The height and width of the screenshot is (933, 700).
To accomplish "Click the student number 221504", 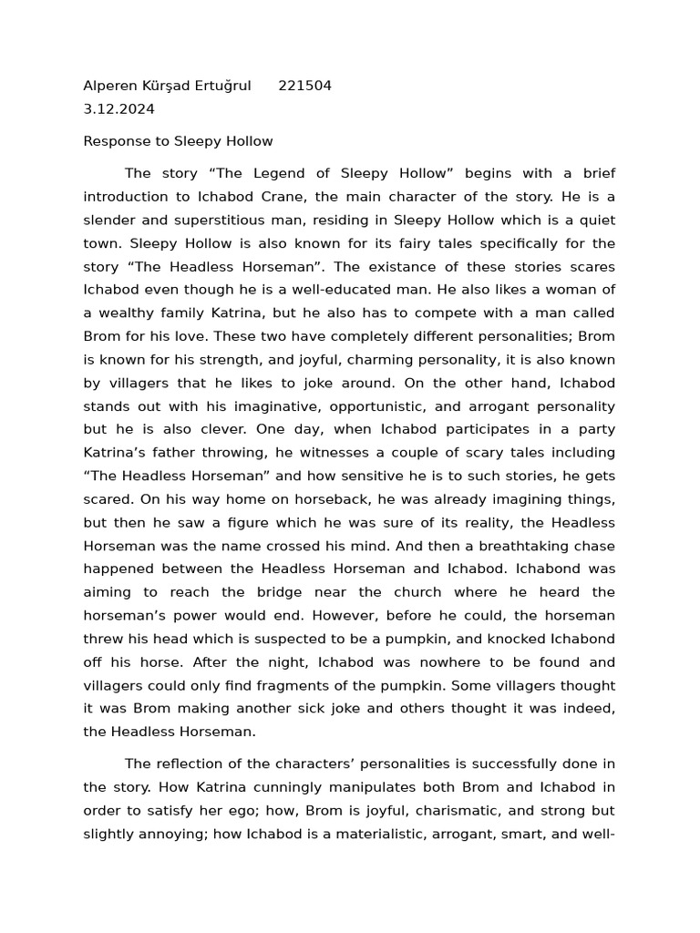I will (304, 87).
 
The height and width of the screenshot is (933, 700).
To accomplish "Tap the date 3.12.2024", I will (118, 109).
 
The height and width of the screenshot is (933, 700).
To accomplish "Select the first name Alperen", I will (109, 87).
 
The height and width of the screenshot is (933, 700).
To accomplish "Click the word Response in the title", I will (114, 141).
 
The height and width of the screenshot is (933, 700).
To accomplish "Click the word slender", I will (109, 220).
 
